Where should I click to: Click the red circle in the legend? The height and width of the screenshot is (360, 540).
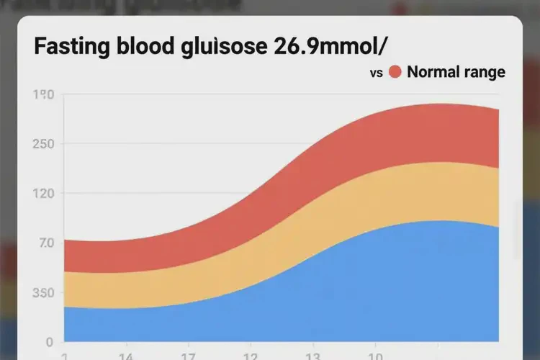(x=395, y=72)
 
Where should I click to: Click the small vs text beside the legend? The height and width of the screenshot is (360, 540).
(x=375, y=73)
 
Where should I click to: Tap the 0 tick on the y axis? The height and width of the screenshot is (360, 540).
(x=48, y=342)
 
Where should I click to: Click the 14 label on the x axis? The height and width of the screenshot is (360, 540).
(x=125, y=356)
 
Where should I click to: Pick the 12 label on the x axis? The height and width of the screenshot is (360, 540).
(x=251, y=356)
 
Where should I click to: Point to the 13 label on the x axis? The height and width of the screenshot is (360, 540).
(x=312, y=356)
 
